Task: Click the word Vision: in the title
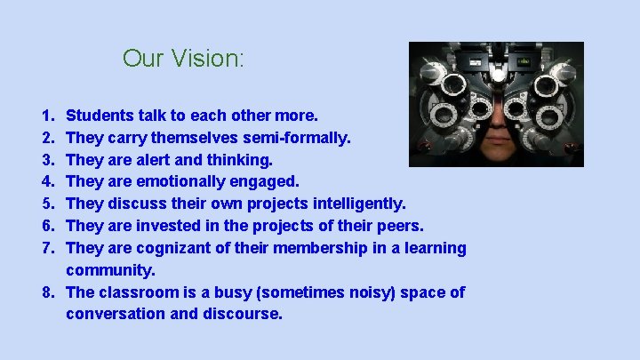[x=211, y=59]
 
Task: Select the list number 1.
[x=45, y=115]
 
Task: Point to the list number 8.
[x=45, y=292]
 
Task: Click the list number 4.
[x=45, y=181]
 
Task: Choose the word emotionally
[x=183, y=181]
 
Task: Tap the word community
[x=109, y=269]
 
